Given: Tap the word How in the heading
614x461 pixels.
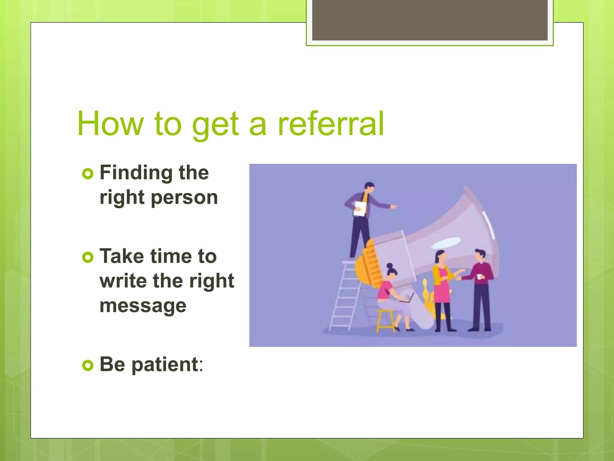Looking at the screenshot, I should pyautogui.click(x=110, y=124).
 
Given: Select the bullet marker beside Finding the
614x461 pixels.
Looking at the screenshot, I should pyautogui.click(x=88, y=174).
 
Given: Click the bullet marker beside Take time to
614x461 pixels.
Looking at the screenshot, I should pyautogui.click(x=88, y=257).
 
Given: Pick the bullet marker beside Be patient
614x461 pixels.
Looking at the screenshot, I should pyautogui.click(x=88, y=365).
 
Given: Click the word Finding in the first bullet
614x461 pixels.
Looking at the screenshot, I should pyautogui.click(x=136, y=173).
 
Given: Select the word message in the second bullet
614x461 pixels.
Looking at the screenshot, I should pyautogui.click(x=143, y=306).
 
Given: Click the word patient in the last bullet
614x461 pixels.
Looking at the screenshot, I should pyautogui.click(x=165, y=364).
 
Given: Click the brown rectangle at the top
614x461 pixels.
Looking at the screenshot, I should pyautogui.click(x=430, y=20).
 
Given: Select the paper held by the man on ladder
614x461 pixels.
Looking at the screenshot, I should pyautogui.click(x=360, y=208).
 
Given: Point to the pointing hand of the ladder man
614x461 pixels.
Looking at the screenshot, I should pyautogui.click(x=394, y=206).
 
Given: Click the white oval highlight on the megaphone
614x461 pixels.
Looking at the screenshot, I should pyautogui.click(x=446, y=243).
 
